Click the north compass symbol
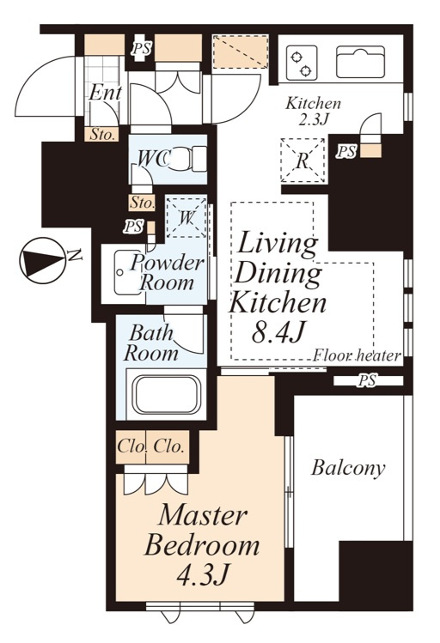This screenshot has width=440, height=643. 42,260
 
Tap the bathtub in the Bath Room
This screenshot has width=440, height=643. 167,394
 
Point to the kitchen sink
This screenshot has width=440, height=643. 361,62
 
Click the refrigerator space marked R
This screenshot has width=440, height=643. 302,161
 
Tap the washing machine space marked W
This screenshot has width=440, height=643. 186,217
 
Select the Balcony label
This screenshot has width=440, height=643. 348,468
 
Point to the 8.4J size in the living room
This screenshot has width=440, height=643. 278,331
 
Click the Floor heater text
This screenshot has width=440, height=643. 357,355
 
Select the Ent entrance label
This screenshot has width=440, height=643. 106,93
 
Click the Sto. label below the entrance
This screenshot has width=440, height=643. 101,135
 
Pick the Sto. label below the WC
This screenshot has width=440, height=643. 143,202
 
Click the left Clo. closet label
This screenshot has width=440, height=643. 131,446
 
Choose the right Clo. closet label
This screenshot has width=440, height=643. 168,446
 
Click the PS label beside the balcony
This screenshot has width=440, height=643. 367,380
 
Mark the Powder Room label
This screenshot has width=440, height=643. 167,273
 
